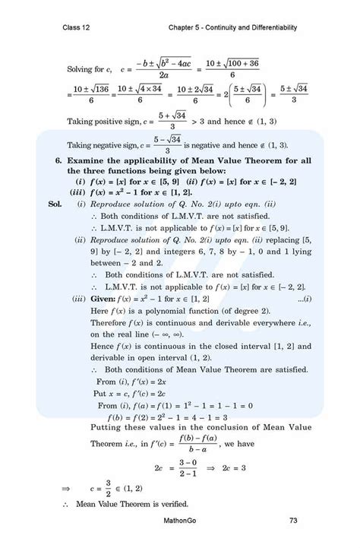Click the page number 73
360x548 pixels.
tap(293, 521)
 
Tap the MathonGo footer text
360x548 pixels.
tap(182, 521)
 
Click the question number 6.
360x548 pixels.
tap(58, 162)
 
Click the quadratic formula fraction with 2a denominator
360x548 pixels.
tap(164, 69)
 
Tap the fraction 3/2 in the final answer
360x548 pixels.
tap(109, 483)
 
